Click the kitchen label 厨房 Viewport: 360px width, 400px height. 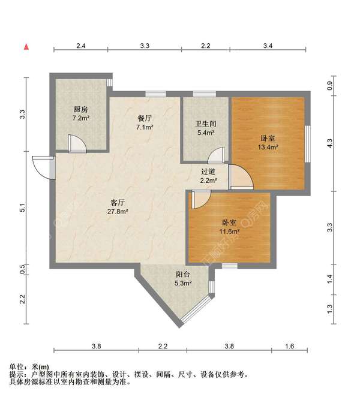click(81, 109)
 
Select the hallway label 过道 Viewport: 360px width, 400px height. click(208, 171)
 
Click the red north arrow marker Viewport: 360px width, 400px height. click(26, 46)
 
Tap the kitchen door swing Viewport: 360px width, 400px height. click(77, 143)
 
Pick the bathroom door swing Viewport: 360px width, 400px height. click(215, 156)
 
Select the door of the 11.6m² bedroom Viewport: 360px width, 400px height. click(200, 199)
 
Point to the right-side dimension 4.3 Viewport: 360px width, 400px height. click(328, 143)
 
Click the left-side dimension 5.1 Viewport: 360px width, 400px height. click(22, 208)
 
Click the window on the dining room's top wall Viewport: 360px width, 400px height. click(155, 94)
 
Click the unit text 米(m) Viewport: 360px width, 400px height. click(40, 366)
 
